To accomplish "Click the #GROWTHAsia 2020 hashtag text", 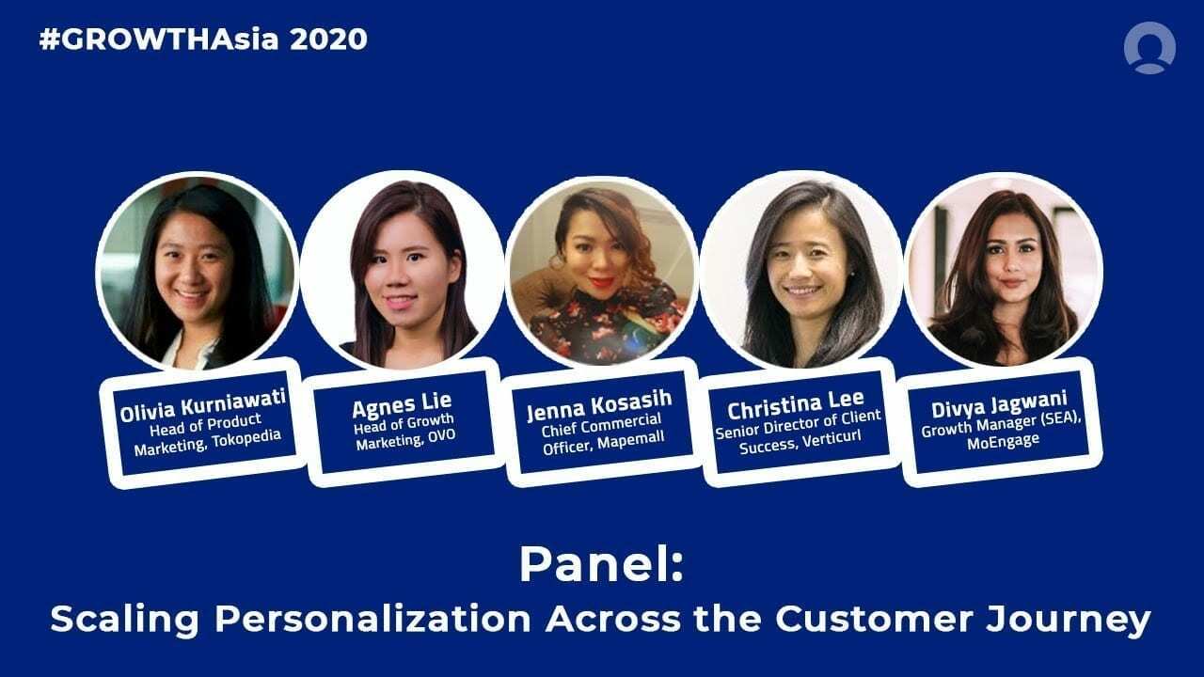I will (x=202, y=39).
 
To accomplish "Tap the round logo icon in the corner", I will (x=1149, y=47).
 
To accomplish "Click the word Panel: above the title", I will (x=601, y=564).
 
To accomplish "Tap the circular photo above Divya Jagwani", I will (x=1003, y=271).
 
